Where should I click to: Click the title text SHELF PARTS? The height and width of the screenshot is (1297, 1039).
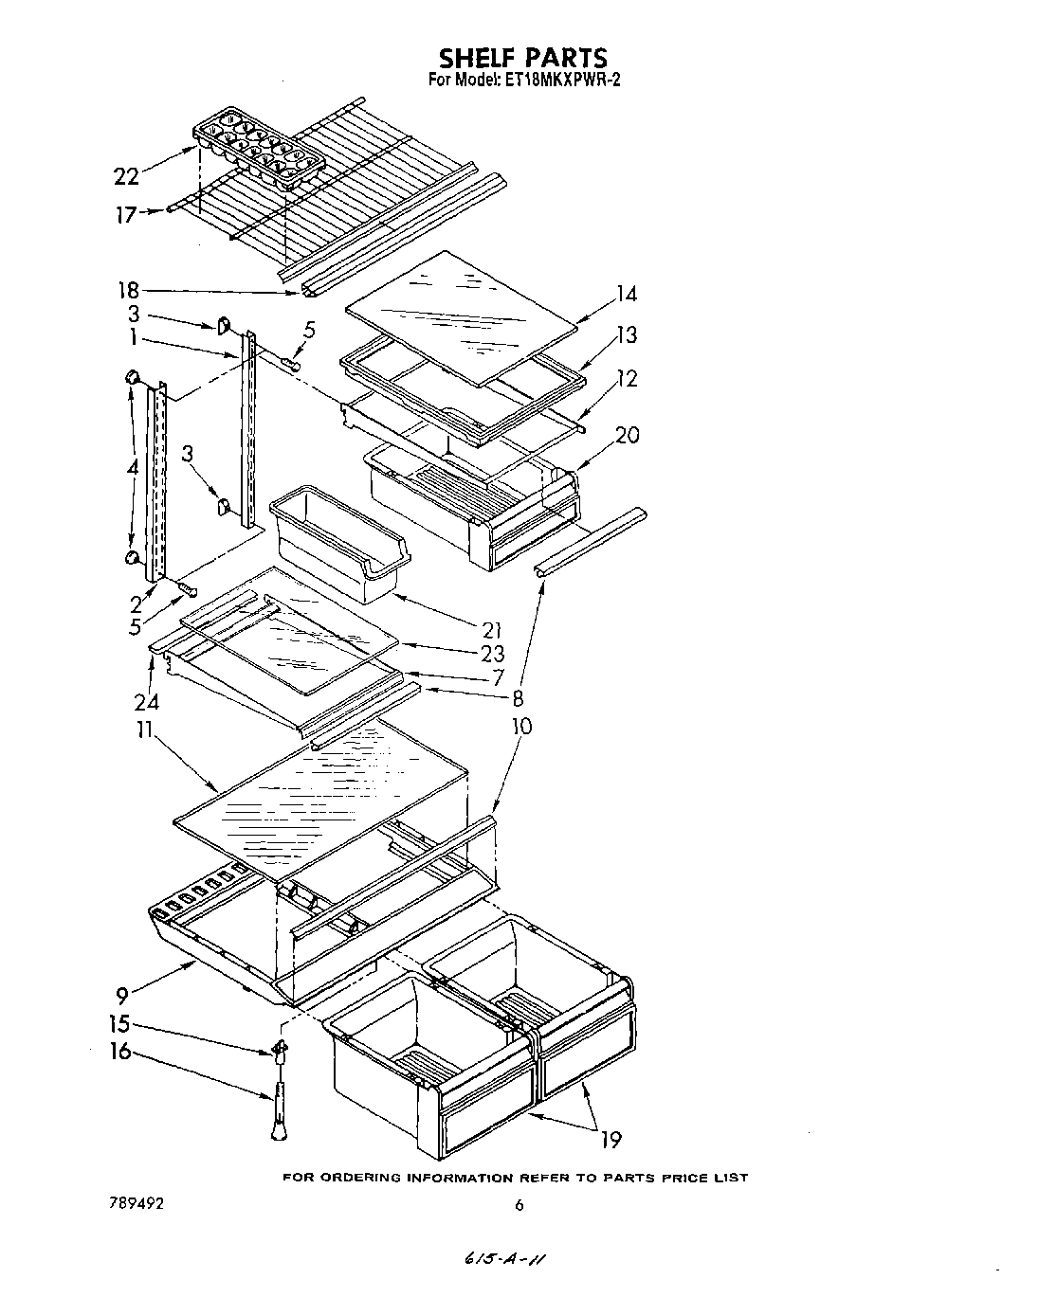522,59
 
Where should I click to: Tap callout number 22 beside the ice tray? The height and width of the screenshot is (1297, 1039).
126,175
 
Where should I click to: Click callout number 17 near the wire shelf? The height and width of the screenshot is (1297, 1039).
125,215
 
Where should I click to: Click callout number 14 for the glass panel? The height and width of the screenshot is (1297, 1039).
626,294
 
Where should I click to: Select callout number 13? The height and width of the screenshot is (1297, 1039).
626,334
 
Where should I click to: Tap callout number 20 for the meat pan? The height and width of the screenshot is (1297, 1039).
627,436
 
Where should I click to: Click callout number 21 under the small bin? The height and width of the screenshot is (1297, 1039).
491,629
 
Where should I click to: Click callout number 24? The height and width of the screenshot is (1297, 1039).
146,701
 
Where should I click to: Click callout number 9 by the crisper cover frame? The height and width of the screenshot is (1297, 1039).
120,996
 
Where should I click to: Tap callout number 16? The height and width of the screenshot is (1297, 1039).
120,1052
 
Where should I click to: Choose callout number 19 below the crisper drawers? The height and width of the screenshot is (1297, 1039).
611,1139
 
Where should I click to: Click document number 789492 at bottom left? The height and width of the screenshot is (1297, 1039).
137,1204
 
